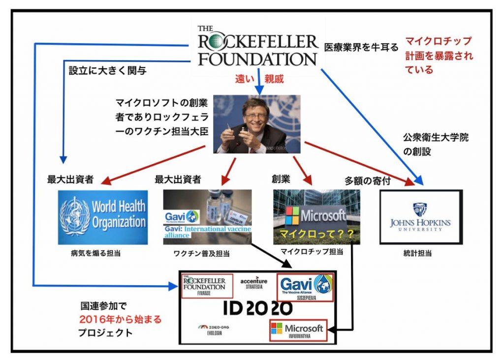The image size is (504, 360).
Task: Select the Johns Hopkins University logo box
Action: (x=421, y=217)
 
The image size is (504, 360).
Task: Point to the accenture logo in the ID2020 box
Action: (x=254, y=283)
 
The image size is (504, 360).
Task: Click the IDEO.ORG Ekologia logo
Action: (x=213, y=329)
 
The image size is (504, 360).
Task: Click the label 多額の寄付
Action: (x=368, y=180)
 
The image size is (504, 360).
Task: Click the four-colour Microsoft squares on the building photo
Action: (x=292, y=216)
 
